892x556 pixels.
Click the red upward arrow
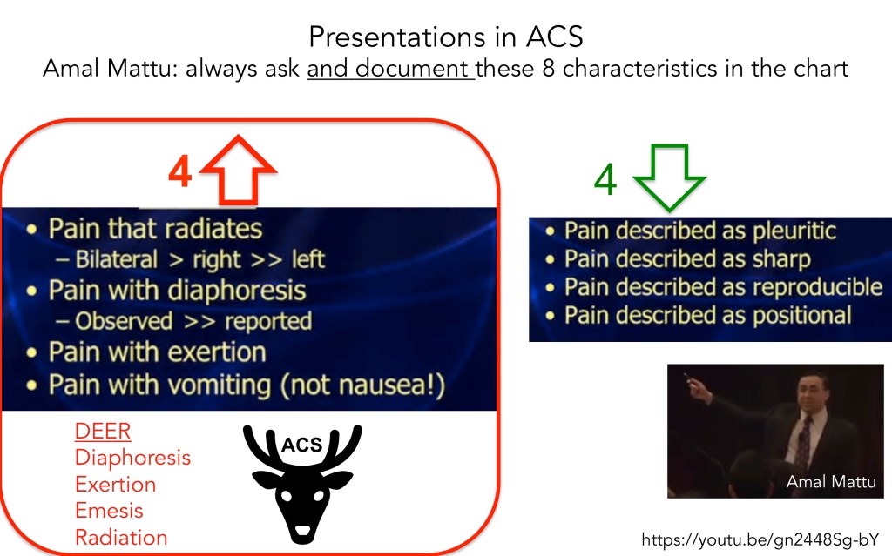(239, 170)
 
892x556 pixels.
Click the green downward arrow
(670, 178)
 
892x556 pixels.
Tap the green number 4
(605, 179)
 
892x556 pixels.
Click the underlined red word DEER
(103, 431)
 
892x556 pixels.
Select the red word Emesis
(109, 511)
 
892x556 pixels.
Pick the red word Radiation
(121, 537)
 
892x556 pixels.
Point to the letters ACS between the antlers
(302, 445)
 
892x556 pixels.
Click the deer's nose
(302, 531)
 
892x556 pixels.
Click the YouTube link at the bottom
(760, 539)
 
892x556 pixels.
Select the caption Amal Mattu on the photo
(830, 481)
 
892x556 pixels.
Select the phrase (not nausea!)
(363, 385)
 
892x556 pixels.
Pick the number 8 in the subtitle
(548, 69)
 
